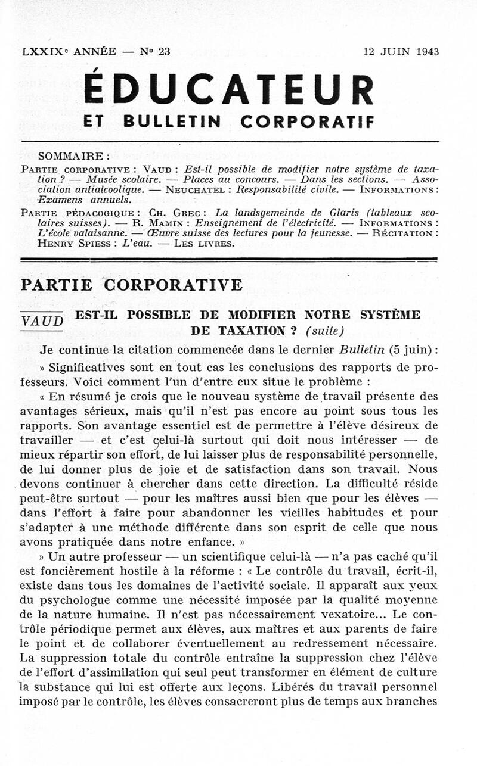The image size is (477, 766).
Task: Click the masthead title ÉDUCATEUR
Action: (x=230, y=89)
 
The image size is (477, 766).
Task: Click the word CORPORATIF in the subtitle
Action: (x=308, y=122)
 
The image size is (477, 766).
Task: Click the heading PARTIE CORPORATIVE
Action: (x=131, y=285)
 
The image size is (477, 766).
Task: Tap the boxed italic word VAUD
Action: (x=42, y=321)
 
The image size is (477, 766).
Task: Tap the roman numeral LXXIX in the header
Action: (x=43, y=52)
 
